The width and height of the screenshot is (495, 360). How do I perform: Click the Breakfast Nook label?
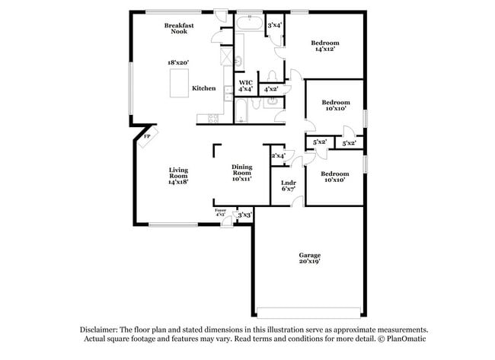(x=179, y=29)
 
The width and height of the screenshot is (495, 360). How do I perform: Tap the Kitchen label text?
(x=203, y=88)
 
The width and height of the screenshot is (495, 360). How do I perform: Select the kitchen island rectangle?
(x=179, y=83)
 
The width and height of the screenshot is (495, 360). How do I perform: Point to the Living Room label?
(x=178, y=176)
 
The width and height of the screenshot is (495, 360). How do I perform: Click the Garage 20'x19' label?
(x=309, y=258)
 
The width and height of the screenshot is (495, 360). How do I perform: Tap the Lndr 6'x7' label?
(x=288, y=185)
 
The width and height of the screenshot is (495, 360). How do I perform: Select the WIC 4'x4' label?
(x=245, y=85)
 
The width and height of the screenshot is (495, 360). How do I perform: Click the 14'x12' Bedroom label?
(x=325, y=45)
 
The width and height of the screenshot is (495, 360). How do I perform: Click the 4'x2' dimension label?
(x=270, y=89)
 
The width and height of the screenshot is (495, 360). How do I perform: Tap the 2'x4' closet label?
(x=278, y=155)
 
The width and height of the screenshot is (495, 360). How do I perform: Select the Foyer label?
(x=220, y=212)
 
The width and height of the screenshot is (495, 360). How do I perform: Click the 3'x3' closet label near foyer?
(x=244, y=215)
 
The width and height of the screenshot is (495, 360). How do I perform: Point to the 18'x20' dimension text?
(x=178, y=62)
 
